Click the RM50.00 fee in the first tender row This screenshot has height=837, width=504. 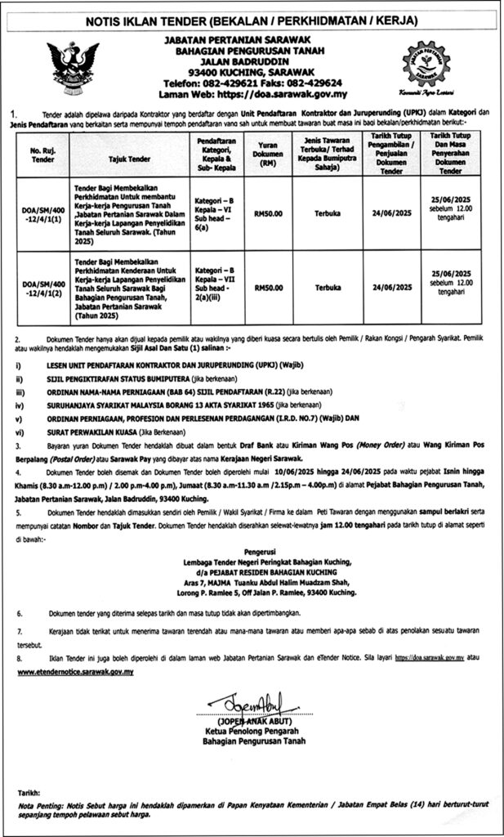(x=269, y=214)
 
